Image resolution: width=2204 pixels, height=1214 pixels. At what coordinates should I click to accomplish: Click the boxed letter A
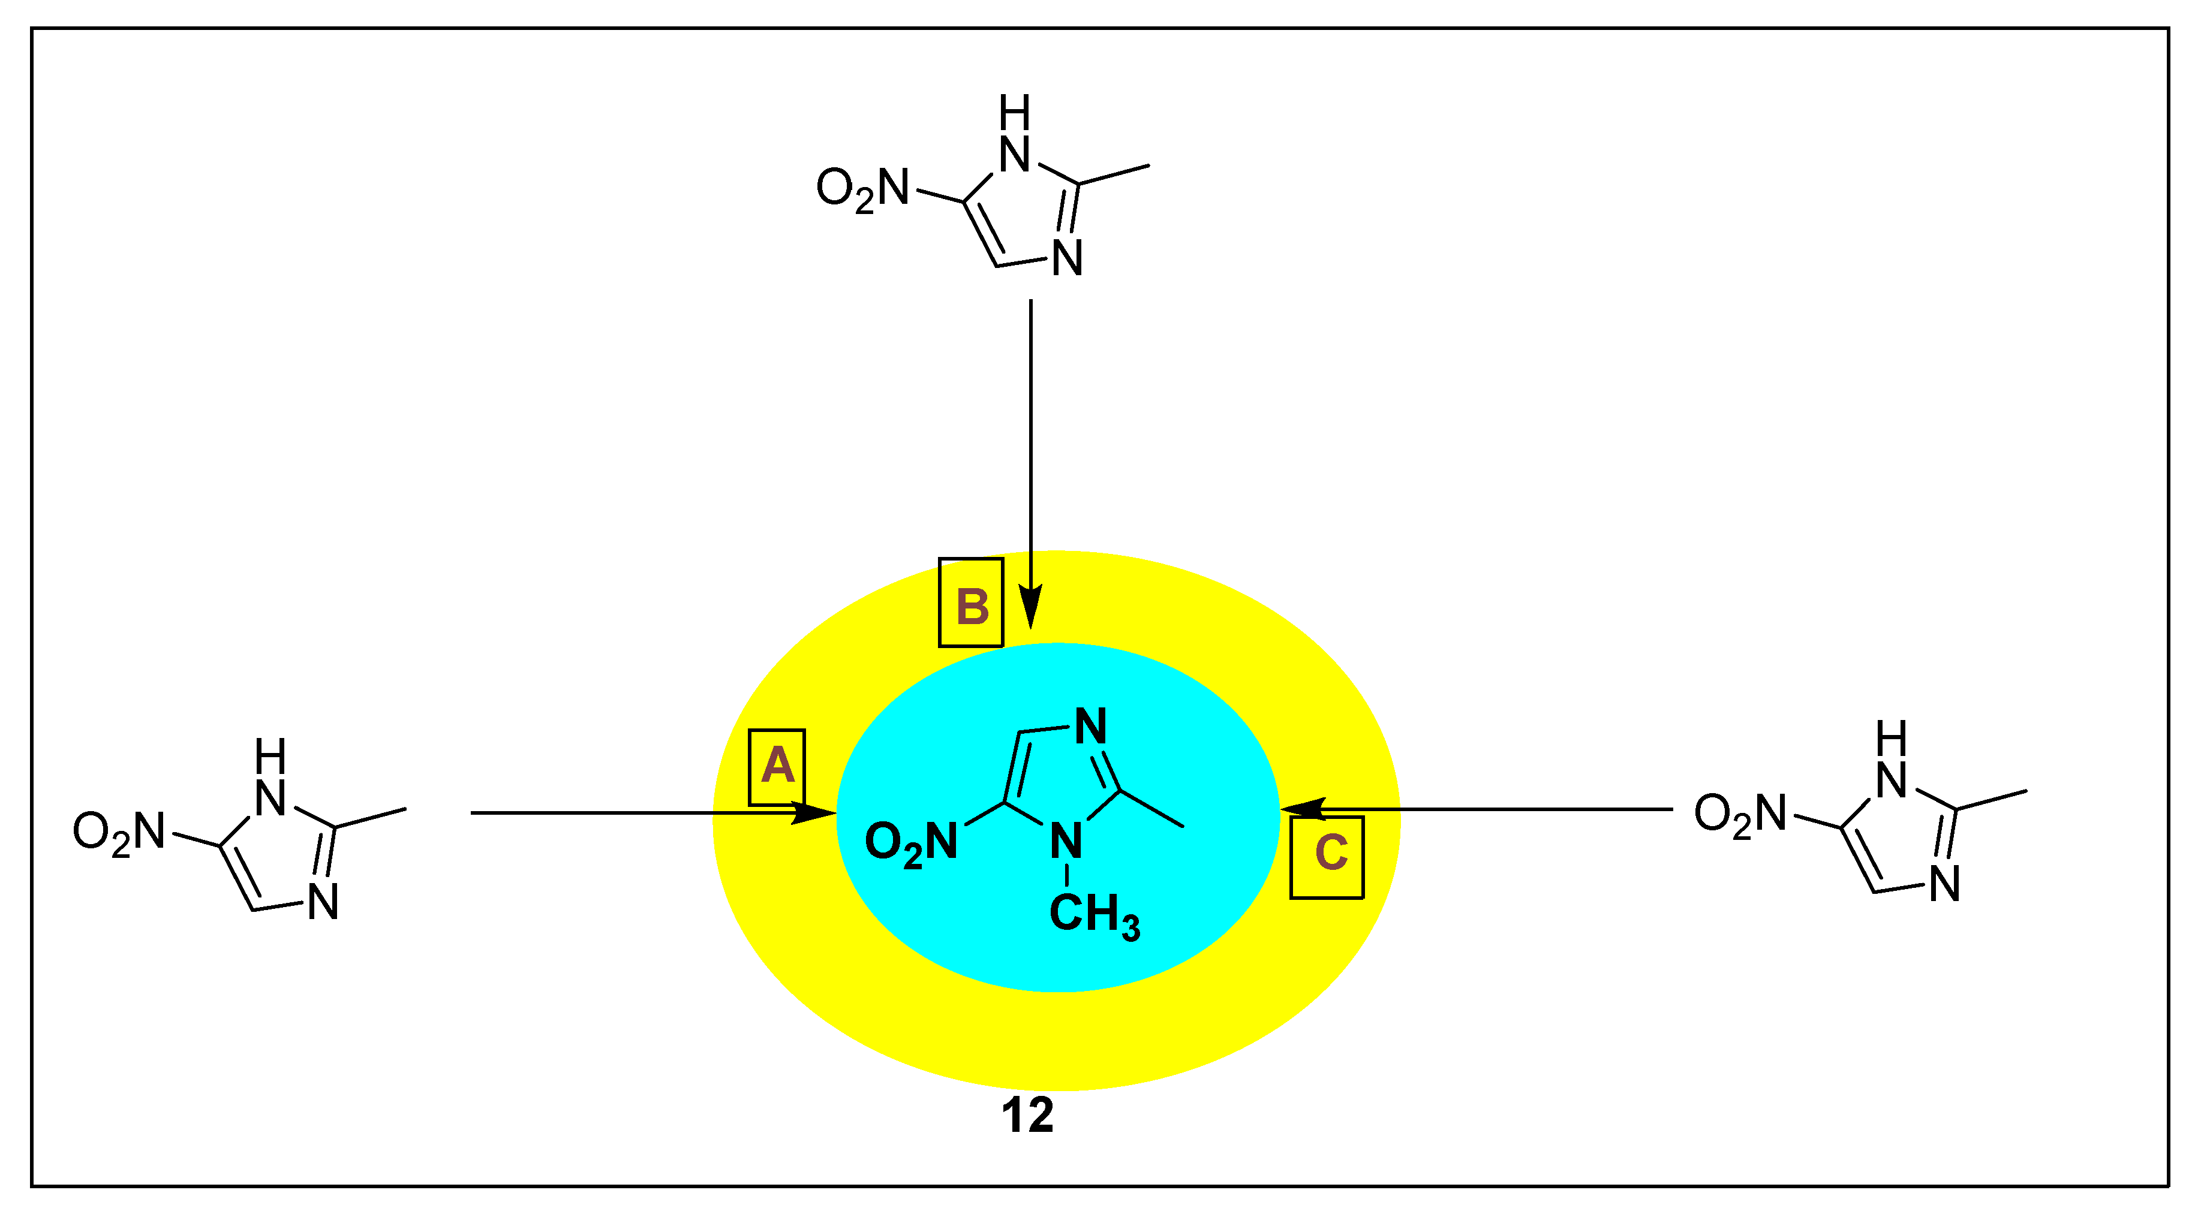[777, 766]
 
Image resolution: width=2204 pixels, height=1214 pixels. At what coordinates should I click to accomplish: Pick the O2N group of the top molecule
[862, 188]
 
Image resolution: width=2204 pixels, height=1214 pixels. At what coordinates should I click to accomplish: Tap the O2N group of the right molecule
[1740, 814]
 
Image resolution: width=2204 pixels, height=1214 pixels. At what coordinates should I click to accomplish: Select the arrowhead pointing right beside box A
[813, 813]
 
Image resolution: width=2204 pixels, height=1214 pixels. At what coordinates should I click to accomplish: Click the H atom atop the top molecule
[1015, 112]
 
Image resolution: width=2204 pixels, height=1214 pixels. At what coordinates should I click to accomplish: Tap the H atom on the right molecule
[1892, 737]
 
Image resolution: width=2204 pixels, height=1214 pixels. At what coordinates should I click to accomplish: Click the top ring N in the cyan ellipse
[1090, 727]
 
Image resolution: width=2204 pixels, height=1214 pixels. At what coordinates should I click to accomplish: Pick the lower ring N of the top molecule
[1067, 258]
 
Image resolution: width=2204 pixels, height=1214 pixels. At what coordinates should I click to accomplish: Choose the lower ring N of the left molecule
[323, 903]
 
